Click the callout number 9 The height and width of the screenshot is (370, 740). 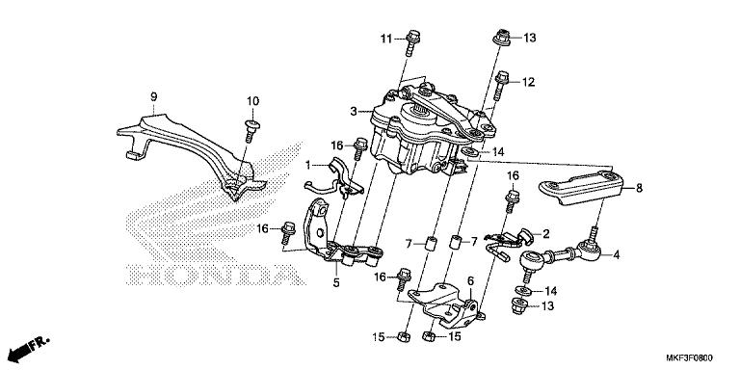(x=154, y=96)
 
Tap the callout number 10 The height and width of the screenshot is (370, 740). (x=253, y=101)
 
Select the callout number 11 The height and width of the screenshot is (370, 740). (x=386, y=40)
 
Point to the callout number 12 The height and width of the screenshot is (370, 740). (x=529, y=82)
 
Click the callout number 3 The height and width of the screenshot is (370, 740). (x=354, y=112)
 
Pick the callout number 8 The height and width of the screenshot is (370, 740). (x=639, y=188)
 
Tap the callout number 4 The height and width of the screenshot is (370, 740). (x=616, y=255)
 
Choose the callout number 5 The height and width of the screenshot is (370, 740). (x=336, y=283)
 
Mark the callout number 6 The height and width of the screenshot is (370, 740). (x=470, y=280)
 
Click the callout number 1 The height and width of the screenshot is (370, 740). (x=307, y=165)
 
